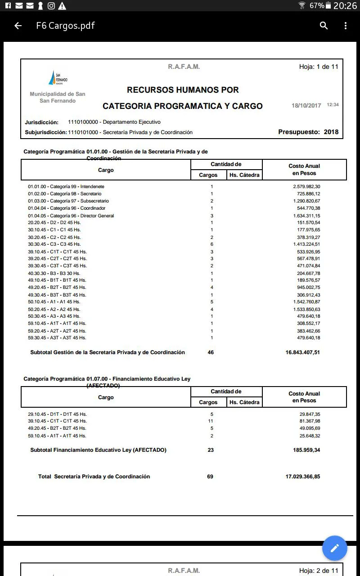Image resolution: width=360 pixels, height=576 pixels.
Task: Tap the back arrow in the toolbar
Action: (x=18, y=26)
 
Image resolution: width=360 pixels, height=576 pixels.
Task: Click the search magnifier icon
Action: (x=324, y=26)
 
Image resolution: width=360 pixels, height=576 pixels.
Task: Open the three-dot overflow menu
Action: (x=346, y=26)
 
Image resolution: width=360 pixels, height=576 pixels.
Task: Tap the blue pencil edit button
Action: (x=334, y=548)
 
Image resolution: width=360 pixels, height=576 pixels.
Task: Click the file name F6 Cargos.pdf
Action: (x=65, y=26)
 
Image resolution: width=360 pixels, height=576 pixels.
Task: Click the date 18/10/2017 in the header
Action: (x=306, y=106)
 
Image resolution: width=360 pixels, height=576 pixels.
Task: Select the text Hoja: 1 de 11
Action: (x=319, y=67)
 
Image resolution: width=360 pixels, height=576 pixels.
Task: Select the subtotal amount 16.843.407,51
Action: (x=302, y=352)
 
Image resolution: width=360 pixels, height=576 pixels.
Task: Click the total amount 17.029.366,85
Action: (x=302, y=477)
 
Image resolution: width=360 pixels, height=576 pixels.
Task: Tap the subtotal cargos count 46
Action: (x=211, y=352)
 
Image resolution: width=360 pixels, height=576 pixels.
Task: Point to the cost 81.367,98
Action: (x=308, y=421)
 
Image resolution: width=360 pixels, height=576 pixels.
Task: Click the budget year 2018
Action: (x=331, y=132)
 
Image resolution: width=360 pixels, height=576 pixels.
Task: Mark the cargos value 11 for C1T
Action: (x=211, y=421)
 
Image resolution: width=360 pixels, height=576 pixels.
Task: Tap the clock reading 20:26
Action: (x=346, y=6)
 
